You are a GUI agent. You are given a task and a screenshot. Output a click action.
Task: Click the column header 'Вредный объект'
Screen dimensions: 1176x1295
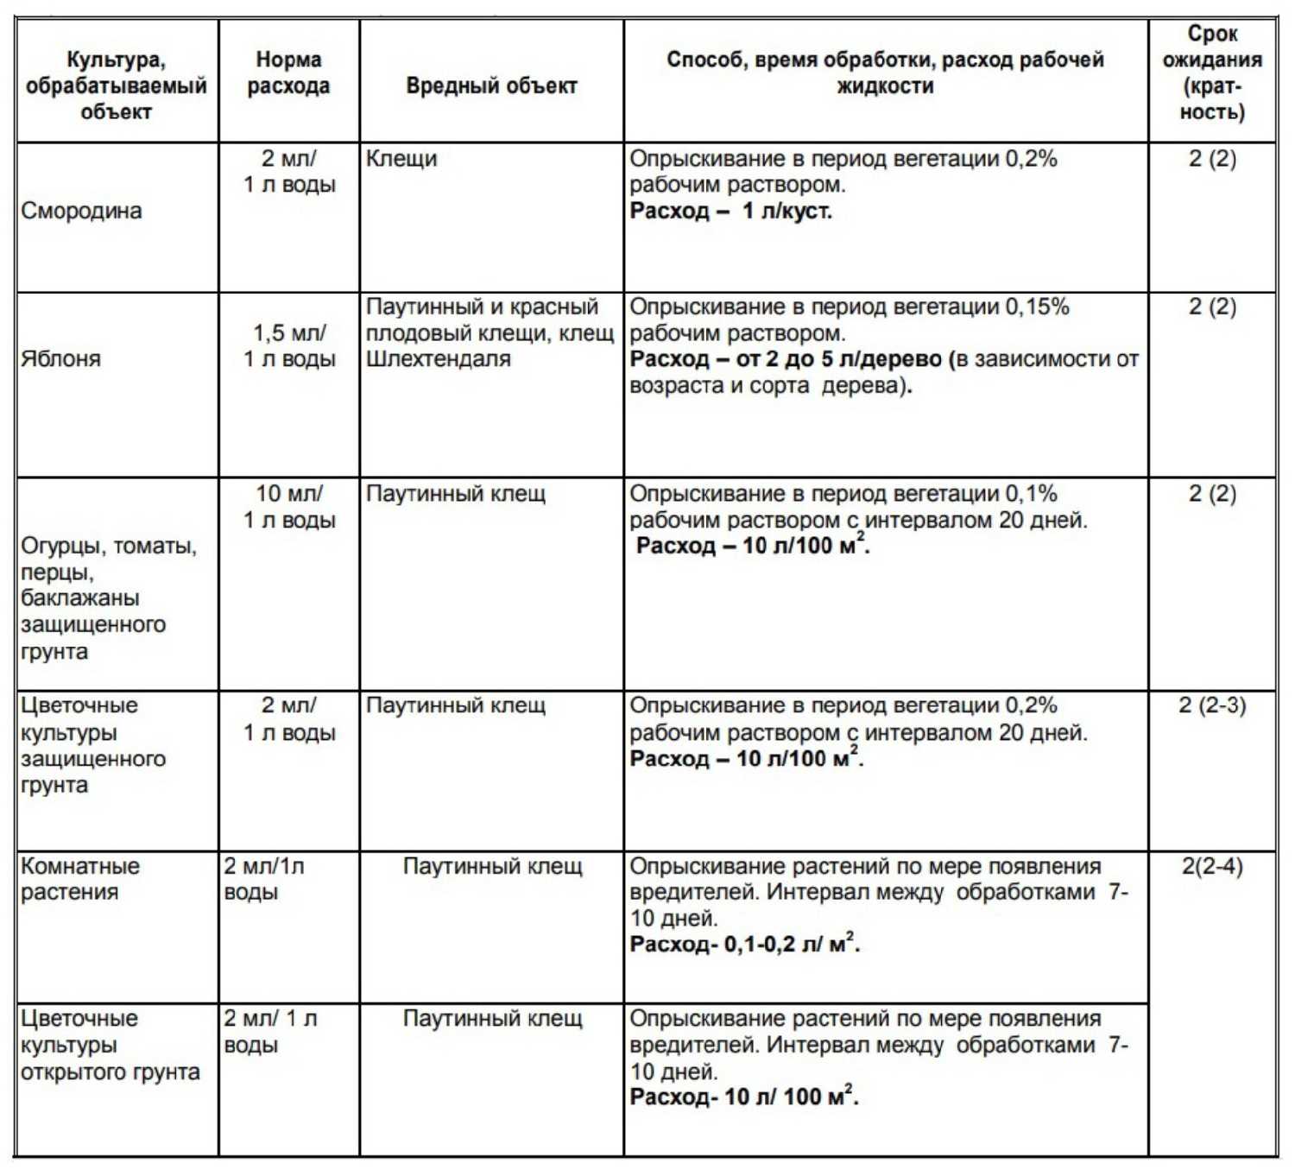coord(491,85)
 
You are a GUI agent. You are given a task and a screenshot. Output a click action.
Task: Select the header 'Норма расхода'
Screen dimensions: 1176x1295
coord(288,73)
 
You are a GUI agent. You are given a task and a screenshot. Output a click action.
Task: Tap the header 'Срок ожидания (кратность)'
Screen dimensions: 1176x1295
coord(1212,73)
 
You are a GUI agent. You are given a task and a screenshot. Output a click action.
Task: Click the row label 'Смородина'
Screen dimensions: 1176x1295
coord(81,211)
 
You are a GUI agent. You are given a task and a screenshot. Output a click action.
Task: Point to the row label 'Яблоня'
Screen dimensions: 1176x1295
coord(60,358)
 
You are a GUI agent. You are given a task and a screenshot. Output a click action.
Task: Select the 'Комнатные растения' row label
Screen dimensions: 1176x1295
coord(79,878)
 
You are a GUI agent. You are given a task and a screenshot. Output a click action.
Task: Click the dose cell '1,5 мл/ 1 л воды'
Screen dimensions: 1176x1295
coord(289,345)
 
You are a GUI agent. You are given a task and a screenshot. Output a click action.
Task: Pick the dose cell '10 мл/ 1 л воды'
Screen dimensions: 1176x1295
coord(289,507)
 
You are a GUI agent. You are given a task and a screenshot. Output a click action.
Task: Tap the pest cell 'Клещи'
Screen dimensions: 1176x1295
coord(401,159)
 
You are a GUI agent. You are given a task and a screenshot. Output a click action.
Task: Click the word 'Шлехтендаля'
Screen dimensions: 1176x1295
coord(439,358)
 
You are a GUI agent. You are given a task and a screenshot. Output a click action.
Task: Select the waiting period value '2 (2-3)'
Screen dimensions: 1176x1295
coord(1212,705)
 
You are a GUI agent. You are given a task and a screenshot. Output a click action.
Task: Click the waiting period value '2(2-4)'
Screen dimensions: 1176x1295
coord(1212,866)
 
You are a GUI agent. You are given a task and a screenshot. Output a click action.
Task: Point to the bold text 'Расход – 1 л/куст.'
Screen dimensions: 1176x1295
coord(730,211)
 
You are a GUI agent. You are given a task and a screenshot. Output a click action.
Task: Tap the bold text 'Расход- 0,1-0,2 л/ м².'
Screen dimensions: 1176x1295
coord(744,944)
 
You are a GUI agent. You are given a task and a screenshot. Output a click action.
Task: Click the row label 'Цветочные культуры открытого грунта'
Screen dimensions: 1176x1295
coord(110,1045)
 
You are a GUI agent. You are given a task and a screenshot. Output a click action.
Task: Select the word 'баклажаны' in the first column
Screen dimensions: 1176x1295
coord(79,598)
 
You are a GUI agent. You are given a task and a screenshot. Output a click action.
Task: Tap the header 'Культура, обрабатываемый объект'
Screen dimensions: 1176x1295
coord(116,85)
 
